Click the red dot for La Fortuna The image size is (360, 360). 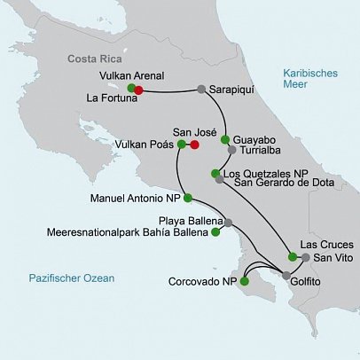(139, 89)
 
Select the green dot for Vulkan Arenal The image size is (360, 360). (131, 88)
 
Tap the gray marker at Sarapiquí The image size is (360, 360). (201, 90)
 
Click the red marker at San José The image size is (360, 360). (194, 144)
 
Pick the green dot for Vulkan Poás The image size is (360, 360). (182, 144)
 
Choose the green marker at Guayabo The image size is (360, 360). (225, 140)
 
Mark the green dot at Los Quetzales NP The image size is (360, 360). (215, 173)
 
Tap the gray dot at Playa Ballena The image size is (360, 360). (228, 222)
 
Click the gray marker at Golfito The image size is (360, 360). (285, 277)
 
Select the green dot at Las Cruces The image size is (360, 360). (292, 256)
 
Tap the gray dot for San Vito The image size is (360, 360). (305, 258)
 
